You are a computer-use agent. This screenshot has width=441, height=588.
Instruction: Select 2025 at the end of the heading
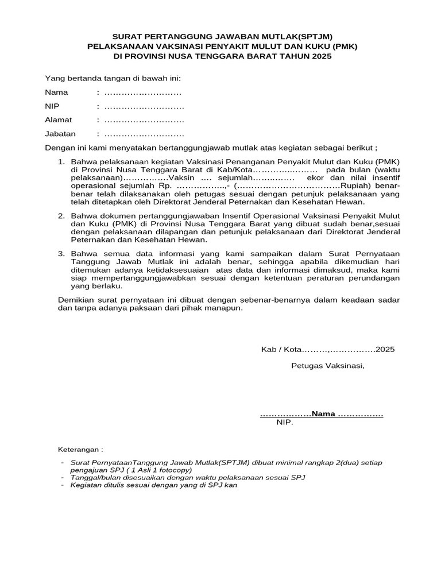321,57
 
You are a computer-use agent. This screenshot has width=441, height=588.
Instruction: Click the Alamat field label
59,120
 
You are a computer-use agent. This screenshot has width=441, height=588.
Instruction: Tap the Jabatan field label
60,134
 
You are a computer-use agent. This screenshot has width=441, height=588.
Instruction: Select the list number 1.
62,161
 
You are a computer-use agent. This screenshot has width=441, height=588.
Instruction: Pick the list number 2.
62,216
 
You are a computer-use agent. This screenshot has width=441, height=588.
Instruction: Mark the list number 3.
62,253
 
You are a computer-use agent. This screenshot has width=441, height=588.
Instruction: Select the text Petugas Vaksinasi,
327,365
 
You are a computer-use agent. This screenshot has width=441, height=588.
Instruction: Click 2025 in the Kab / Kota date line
385,349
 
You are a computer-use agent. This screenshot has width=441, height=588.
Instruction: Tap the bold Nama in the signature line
323,414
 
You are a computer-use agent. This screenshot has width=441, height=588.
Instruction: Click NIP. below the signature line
285,423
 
